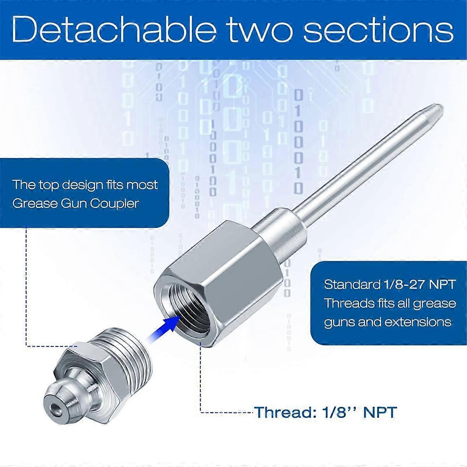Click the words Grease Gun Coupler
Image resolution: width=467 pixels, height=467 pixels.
pyautogui.click(x=75, y=203)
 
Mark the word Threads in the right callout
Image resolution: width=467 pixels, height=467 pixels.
pyautogui.click(x=347, y=303)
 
